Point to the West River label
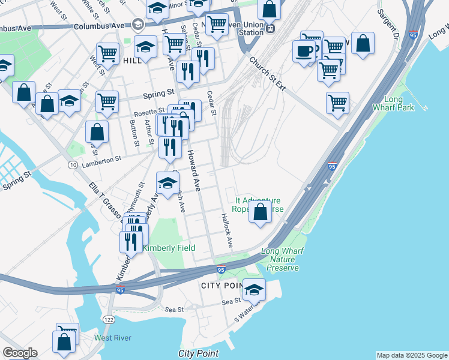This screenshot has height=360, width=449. (112, 338)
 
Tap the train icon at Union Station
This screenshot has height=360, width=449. (271, 27)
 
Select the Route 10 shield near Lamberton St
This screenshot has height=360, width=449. (72, 164)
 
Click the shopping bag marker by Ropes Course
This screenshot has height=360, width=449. (260, 212)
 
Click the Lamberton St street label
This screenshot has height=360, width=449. (101, 159)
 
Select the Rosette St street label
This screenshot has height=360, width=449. (152, 111)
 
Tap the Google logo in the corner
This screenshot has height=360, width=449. (20, 353)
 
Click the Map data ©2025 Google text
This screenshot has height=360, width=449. (411, 355)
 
